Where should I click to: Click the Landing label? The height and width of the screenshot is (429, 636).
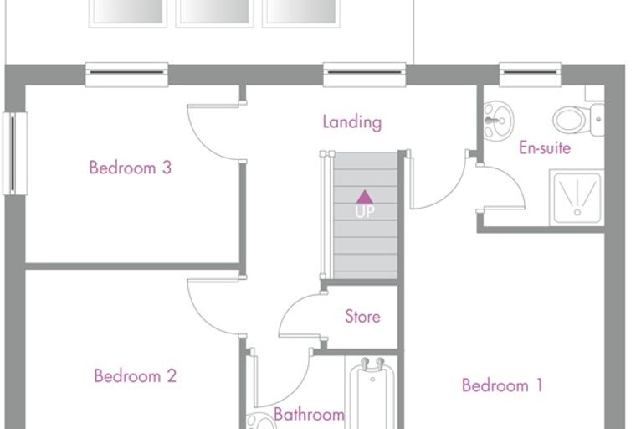[352, 122]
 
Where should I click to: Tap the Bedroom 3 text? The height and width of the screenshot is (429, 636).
[131, 168]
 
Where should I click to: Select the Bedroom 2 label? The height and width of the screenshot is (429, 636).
[135, 375]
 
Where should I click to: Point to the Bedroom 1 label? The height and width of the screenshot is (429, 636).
[502, 385]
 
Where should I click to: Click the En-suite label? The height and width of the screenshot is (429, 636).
[545, 147]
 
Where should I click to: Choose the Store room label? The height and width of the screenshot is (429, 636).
[362, 317]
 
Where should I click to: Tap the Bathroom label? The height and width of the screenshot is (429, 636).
[309, 415]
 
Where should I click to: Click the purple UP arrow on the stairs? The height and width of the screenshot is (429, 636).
[365, 197]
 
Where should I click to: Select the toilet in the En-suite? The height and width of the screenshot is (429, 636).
[578, 120]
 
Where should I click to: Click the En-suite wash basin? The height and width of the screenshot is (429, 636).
[499, 121]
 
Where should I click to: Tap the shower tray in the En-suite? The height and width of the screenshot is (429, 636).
[577, 198]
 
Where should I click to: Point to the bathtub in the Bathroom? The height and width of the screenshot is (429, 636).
[372, 393]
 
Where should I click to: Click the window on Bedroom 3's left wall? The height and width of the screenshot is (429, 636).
[15, 153]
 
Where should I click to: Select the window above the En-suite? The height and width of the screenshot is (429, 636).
[530, 75]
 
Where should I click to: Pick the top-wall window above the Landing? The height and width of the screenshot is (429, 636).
[364, 75]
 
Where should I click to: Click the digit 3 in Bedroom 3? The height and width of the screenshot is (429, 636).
[167, 168]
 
